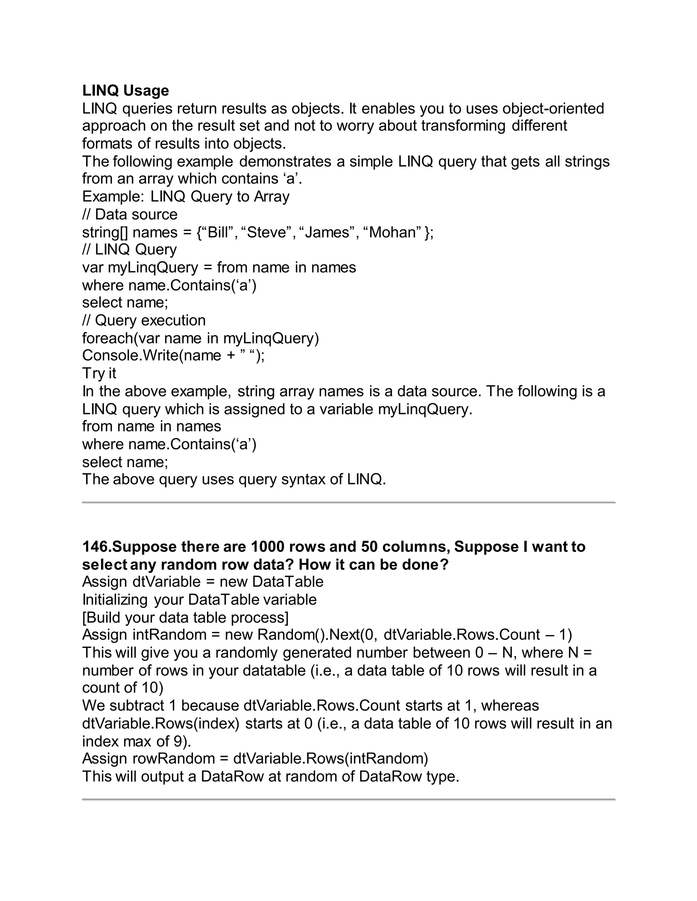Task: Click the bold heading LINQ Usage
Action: [126, 90]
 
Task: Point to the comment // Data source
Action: [130, 215]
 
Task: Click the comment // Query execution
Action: [144, 320]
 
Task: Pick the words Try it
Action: [99, 373]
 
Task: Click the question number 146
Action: [97, 547]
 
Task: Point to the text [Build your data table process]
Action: [185, 617]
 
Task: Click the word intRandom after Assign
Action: [169, 635]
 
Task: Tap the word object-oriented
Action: [553, 108]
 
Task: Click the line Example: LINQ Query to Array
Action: [186, 197]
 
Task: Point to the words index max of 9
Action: [136, 741]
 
